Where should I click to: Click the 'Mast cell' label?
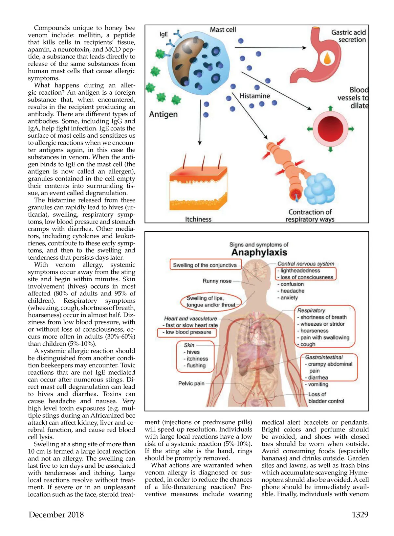[x=223, y=30]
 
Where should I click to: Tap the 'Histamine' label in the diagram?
[x=254, y=96]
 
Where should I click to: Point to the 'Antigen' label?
[x=163, y=114]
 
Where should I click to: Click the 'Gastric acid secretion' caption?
[x=348, y=36]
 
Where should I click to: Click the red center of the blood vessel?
[x=330, y=129]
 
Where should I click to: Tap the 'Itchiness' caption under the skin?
[x=198, y=219]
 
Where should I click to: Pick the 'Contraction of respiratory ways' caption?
[x=310, y=216]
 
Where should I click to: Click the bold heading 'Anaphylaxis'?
[x=259, y=252]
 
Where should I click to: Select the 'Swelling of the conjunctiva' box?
[x=205, y=265]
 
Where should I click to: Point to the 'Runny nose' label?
[x=217, y=281]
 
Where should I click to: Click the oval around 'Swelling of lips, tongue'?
[x=211, y=301]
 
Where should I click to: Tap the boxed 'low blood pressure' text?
[x=187, y=332]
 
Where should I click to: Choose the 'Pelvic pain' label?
[x=191, y=384]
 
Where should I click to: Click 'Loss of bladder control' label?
[x=326, y=398]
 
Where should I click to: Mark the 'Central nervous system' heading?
[x=306, y=264]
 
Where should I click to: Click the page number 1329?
[x=360, y=515]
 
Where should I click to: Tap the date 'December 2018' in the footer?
[x=56, y=515]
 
